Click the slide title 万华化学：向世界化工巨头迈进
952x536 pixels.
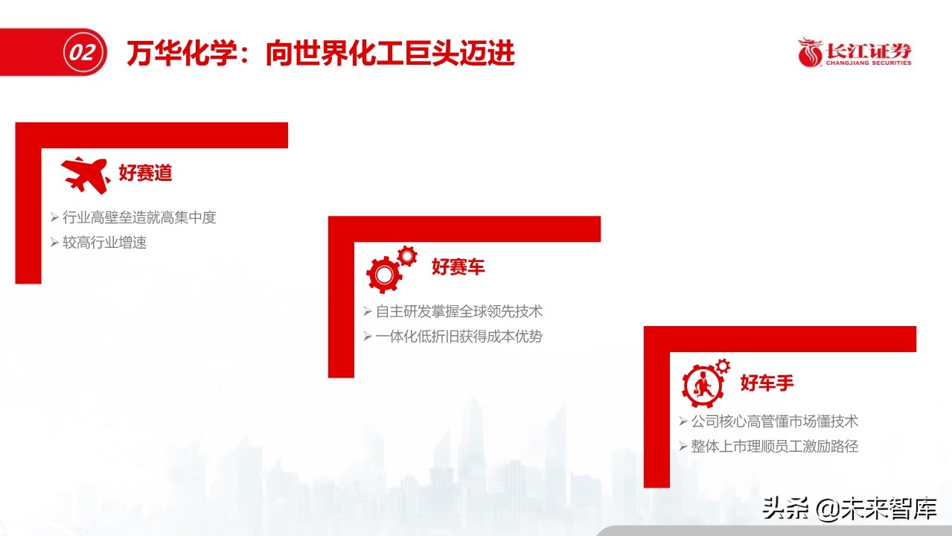tap(320, 54)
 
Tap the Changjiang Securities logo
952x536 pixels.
tap(854, 53)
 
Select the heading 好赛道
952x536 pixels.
tap(146, 173)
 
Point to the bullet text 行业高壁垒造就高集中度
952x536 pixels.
tap(139, 217)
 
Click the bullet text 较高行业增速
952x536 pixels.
tap(104, 243)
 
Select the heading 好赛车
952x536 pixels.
tap(459, 267)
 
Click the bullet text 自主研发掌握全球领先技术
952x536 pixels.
tap(459, 311)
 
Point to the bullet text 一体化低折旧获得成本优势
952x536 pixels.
tap(459, 336)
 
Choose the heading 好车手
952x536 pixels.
tap(767, 383)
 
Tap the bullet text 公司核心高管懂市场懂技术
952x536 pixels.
tap(775, 421)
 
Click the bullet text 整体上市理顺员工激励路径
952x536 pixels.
tap(775, 447)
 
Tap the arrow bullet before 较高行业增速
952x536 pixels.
tap(54, 243)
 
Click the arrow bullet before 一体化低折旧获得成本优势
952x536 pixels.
tap(368, 336)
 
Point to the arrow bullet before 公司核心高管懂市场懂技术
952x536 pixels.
tap(683, 421)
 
